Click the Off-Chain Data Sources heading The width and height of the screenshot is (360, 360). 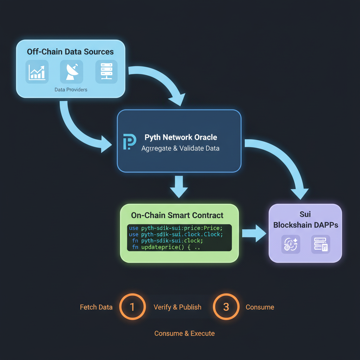click(70, 52)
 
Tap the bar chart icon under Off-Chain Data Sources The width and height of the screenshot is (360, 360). click(37, 71)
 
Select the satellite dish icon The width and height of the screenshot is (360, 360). click(71, 71)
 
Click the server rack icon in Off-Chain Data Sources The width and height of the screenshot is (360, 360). click(106, 71)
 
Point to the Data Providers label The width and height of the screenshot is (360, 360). click(71, 90)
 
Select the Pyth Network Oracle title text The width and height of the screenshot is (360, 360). click(181, 137)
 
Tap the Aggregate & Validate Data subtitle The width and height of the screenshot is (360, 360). click(180, 148)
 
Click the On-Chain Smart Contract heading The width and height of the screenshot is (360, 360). click(177, 215)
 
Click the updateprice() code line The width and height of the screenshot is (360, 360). click(165, 247)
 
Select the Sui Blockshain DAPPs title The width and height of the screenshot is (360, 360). click(306, 220)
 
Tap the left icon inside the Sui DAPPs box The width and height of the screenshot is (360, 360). click(290, 244)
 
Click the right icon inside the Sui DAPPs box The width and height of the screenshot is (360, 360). click(320, 244)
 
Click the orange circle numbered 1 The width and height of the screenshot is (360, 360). click(132, 307)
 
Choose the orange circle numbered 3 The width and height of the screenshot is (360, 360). click(226, 307)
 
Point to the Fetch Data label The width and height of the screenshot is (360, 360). click(96, 307)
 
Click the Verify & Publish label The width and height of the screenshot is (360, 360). click(178, 307)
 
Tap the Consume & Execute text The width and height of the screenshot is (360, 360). click(184, 333)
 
